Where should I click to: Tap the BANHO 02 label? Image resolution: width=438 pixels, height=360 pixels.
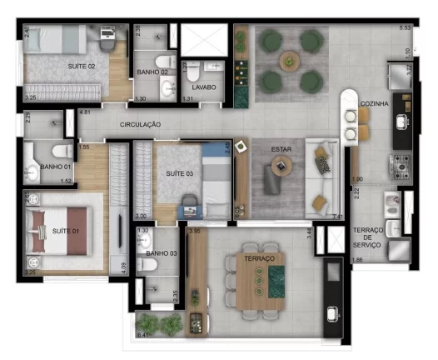click(x=153, y=72)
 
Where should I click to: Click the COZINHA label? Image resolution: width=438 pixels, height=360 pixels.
click(x=373, y=103)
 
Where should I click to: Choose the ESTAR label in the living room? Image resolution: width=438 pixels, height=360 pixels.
click(x=281, y=149)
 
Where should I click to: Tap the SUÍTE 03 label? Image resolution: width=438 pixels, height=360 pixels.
click(x=181, y=172)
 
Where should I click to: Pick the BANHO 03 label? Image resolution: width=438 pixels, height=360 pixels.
click(x=162, y=252)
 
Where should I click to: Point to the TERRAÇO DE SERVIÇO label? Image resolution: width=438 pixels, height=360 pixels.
click(x=366, y=237)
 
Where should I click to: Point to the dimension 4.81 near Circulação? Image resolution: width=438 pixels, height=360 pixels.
click(x=85, y=112)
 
